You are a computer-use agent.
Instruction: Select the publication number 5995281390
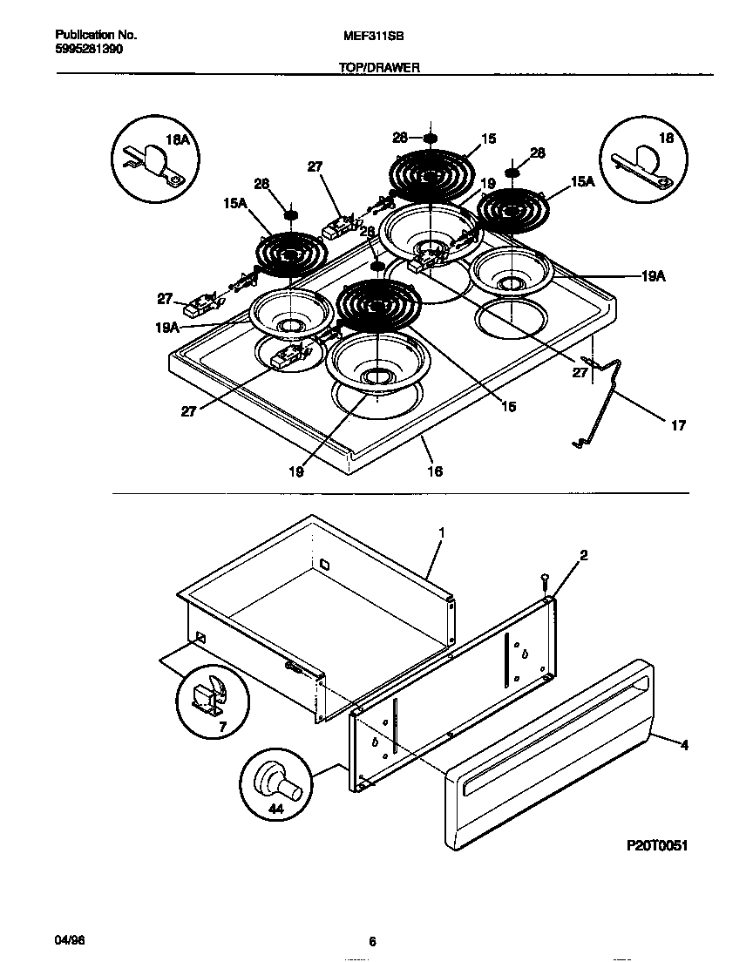pyautogui.click(x=88, y=51)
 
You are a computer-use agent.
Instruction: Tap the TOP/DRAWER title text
pyautogui.click(x=379, y=66)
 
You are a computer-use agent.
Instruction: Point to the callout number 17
pyautogui.click(x=678, y=426)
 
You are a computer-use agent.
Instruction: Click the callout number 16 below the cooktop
pyautogui.click(x=434, y=471)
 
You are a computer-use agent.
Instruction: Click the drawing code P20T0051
pyautogui.click(x=658, y=846)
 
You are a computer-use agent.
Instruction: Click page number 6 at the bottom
pyautogui.click(x=372, y=942)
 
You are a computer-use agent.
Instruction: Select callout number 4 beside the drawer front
pyautogui.click(x=684, y=745)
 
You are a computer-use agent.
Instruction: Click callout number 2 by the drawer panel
pyautogui.click(x=583, y=554)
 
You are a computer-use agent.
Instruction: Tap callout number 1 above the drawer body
pyautogui.click(x=442, y=531)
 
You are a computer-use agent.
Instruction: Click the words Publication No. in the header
pyautogui.click(x=96, y=36)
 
